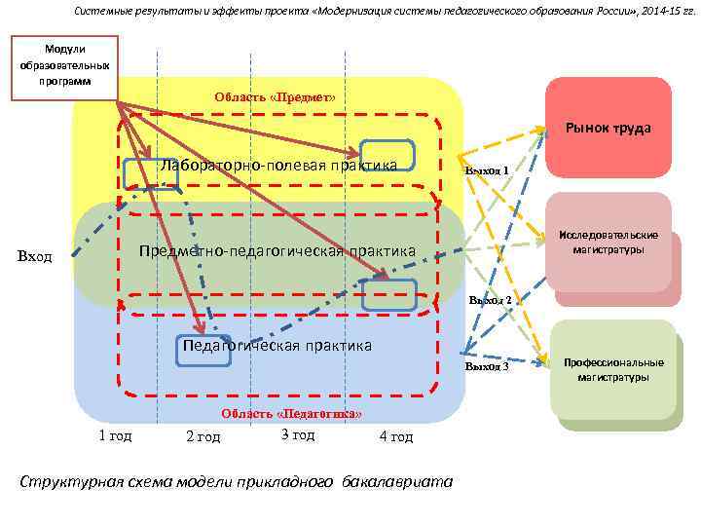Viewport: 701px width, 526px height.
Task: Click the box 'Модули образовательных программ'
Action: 64,67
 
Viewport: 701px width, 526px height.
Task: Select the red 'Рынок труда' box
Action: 609,128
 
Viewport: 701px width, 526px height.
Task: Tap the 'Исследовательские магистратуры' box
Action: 609,243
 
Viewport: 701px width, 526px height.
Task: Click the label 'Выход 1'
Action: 487,170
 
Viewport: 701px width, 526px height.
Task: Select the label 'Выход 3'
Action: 487,367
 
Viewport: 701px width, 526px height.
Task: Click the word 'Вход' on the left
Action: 35,256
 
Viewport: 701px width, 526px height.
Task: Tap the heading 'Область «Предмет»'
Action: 275,97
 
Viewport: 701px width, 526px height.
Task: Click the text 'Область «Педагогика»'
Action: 291,414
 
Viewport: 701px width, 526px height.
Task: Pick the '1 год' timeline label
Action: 115,435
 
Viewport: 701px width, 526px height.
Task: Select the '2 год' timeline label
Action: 203,436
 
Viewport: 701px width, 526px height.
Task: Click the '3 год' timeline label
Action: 297,434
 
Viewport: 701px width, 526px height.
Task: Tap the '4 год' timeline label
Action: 395,436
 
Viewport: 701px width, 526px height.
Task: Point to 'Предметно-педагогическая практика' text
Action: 277,251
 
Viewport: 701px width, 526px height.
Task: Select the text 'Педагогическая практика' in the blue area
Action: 277,345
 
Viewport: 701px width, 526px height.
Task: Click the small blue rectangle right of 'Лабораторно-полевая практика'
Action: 387,156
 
